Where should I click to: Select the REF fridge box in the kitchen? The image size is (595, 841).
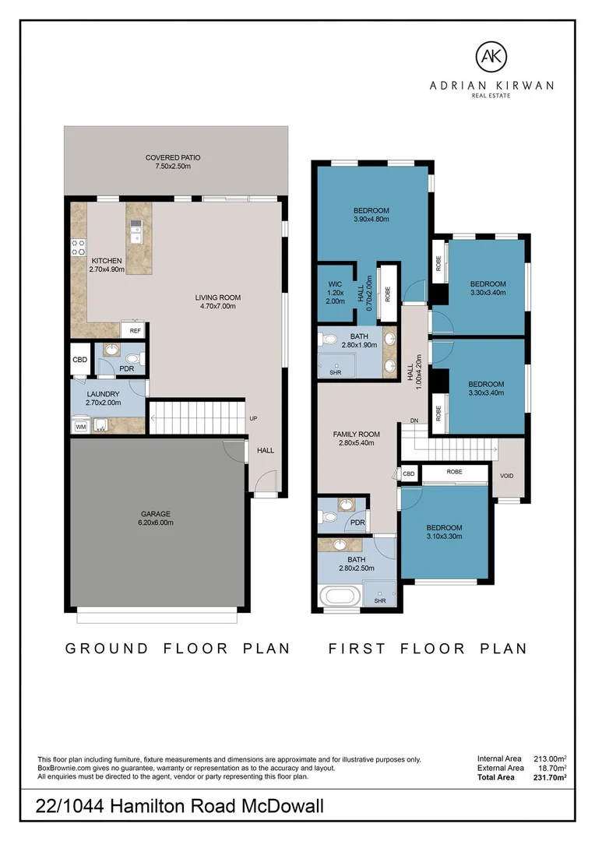pos(135,330)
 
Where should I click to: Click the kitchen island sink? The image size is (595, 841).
pos(136,228)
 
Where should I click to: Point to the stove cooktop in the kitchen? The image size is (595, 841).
pos(79,248)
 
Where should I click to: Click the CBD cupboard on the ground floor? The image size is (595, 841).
pos(79,360)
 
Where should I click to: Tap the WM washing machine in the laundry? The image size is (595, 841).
pos(79,426)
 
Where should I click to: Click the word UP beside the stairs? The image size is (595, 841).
pos(254,419)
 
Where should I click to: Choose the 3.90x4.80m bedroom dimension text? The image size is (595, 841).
pos(371,220)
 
